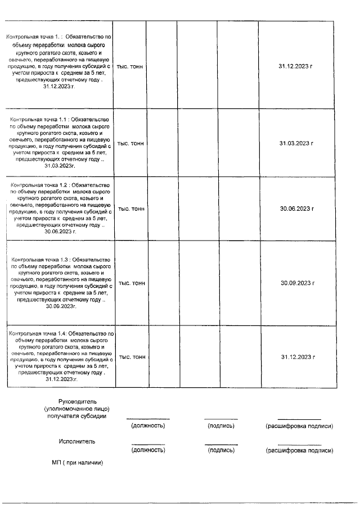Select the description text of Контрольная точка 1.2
pyautogui.click(x=61, y=208)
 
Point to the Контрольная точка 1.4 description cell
pyautogui.click(x=61, y=357)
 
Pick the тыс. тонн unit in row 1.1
pyautogui.click(x=130, y=143)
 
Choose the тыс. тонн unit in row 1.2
pyautogui.click(x=130, y=209)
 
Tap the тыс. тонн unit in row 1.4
pyautogui.click(x=130, y=357)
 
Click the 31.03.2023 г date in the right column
pyautogui.click(x=296, y=143)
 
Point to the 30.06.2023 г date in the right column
pyautogui.click(x=296, y=209)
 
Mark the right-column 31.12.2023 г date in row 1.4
pyautogui.click(x=296, y=357)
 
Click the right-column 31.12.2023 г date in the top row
pyautogui.click(x=296, y=66)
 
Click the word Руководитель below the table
pyautogui.click(x=78, y=401)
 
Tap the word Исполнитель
pyautogui.click(x=77, y=441)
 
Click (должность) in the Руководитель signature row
pyautogui.click(x=147, y=426)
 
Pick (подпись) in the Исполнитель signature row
pyautogui.click(x=221, y=450)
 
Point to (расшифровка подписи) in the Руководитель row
pyautogui.click(x=299, y=426)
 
